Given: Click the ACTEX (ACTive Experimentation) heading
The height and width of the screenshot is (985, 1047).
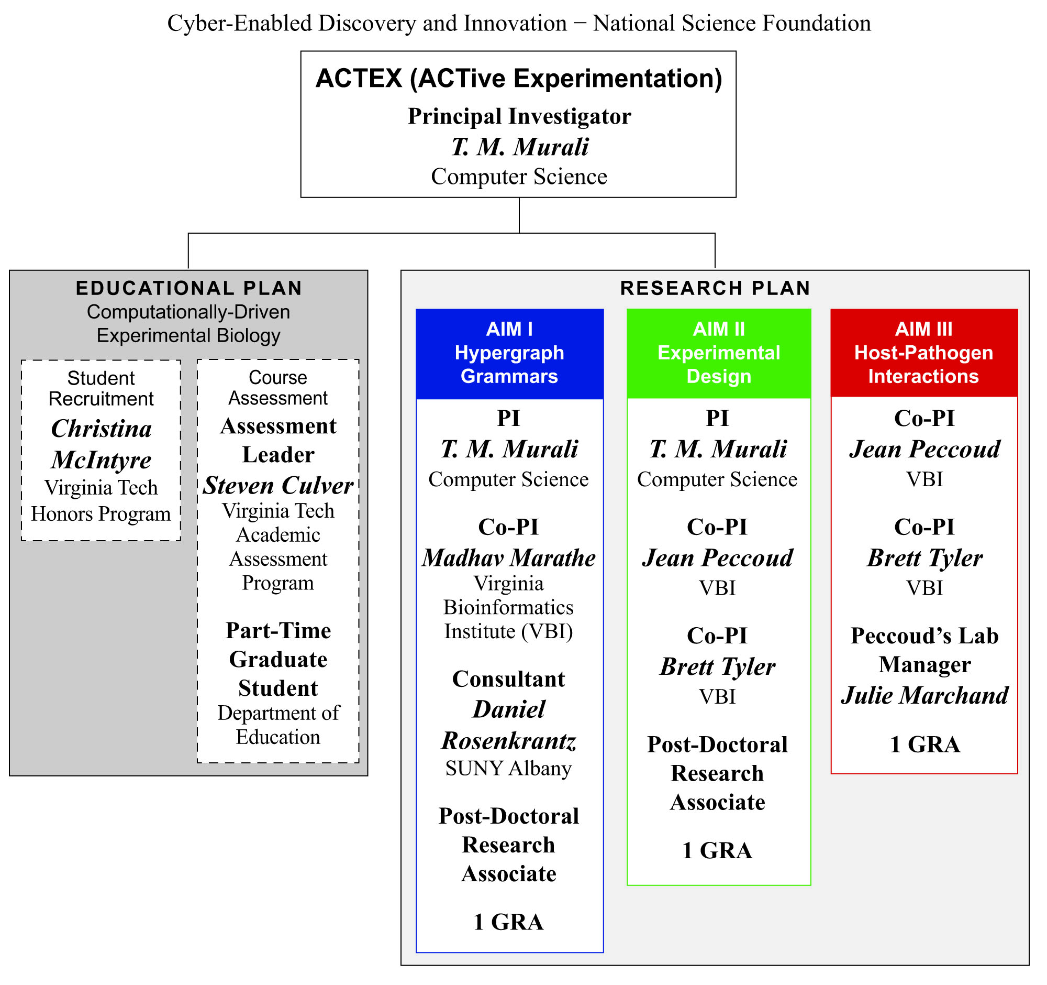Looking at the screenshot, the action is coord(519,79).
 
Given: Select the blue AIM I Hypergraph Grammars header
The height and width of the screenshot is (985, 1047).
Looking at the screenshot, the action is coord(509,353).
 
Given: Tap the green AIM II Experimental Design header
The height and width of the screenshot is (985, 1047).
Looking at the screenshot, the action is coord(718,353).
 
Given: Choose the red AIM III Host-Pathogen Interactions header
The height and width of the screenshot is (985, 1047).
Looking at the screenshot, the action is coord(924,353).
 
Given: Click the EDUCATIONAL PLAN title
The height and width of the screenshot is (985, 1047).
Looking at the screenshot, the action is coord(188,288).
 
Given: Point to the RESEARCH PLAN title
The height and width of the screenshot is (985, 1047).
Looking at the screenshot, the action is coord(715,288).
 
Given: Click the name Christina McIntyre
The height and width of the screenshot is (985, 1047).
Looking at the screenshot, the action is coord(101,444).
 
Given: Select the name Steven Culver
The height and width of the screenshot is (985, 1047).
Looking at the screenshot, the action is coord(278,485).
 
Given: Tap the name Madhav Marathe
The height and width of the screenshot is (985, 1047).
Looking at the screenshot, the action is coord(509,557).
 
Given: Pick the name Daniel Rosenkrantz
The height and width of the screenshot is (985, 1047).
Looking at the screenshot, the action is coord(509,725).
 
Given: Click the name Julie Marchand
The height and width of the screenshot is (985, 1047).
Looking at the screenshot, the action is coord(925,695).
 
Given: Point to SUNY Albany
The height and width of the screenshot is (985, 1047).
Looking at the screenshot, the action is coord(508,769).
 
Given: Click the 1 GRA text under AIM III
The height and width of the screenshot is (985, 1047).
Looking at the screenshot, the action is coord(925,745).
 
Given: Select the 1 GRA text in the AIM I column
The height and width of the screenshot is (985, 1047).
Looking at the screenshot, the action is coord(508,922).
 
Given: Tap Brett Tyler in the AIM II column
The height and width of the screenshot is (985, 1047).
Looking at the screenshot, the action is coord(717,667).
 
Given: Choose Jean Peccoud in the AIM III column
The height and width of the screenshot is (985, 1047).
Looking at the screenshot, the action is coord(925,449).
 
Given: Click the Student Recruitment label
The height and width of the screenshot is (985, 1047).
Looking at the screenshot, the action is coord(101,388).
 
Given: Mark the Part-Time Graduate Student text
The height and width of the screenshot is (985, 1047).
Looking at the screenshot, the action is coord(278,659).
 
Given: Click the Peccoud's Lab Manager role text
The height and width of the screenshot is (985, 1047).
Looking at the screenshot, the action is coord(925,650).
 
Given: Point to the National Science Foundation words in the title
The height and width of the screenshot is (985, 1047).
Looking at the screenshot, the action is coord(731,23).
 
